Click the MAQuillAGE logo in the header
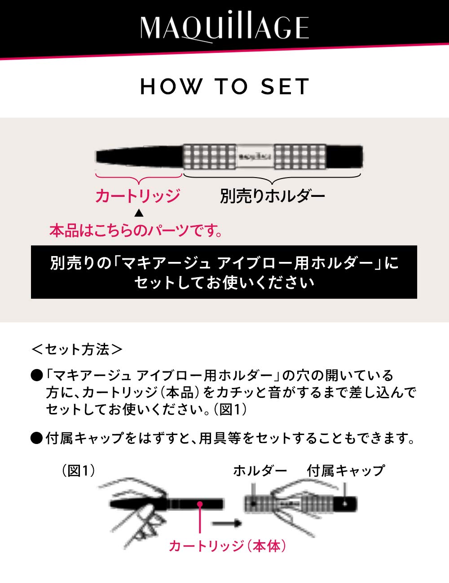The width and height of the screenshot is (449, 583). tap(224, 28)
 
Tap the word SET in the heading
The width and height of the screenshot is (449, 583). tap(285, 87)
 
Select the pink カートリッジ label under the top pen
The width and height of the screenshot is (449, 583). tap(137, 196)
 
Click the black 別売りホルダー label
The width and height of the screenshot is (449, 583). tap(272, 196)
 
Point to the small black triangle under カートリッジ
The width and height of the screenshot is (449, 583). tap(139, 212)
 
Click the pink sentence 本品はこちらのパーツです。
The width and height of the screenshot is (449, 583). tap(136, 231)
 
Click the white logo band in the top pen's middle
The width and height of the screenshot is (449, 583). tap(255, 157)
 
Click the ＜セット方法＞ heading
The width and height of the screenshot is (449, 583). tap(77, 349)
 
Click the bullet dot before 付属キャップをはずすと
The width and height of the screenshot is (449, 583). tap(36, 438)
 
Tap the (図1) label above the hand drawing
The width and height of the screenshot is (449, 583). tap(78, 470)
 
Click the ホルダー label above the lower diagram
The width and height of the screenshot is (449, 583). tap(260, 470)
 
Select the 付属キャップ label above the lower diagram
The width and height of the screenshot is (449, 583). tap(346, 470)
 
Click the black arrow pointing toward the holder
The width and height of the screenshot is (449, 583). tap(227, 523)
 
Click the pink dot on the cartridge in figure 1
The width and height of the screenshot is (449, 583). tap(200, 504)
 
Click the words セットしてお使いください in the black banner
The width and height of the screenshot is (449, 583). tap(224, 283)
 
